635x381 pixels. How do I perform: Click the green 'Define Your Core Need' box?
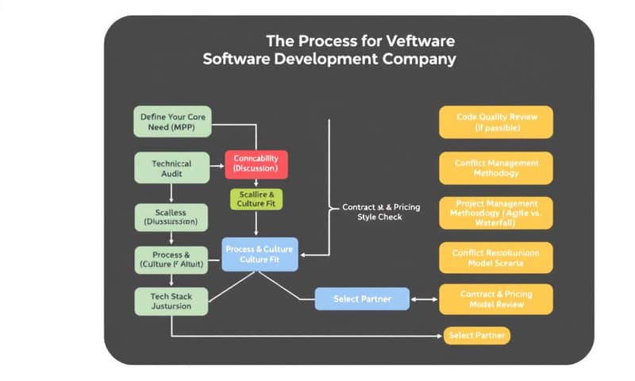tap(172, 122)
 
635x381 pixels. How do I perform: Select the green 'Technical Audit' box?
tap(172, 167)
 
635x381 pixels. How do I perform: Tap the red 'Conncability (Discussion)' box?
tap(256, 163)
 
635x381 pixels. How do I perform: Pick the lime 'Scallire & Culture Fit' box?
tap(256, 199)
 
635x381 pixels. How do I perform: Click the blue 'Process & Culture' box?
tap(260, 254)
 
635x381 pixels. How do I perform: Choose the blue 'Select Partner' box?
tap(363, 298)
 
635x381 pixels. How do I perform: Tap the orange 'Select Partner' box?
tap(477, 336)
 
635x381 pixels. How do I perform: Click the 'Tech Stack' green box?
tap(172, 302)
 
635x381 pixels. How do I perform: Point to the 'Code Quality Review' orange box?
tap(496, 121)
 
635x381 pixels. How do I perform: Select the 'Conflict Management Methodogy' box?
tap(496, 167)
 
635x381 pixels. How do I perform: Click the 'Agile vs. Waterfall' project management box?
tap(496, 213)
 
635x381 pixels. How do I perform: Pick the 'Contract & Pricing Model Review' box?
tap(496, 298)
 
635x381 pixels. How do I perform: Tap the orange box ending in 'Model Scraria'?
tap(496, 256)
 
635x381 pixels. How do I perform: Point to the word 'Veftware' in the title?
tap(421, 40)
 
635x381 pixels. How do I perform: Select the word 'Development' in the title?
tap(321, 59)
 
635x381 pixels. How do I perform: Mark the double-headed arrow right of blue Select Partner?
tap(425, 299)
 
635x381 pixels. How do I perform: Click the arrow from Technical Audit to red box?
tap(215, 167)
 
